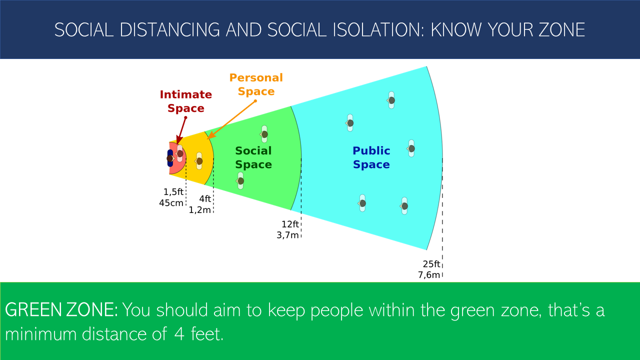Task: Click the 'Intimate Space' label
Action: [x=185, y=101]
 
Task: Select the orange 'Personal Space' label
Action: [x=256, y=84]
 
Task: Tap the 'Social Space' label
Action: [x=253, y=157]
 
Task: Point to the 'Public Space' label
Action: [x=371, y=157]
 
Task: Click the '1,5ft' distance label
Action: [x=173, y=191]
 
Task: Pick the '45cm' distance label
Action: [x=171, y=203]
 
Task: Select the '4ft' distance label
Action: [x=205, y=198]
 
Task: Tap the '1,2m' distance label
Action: [x=199, y=210]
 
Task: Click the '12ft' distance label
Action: [x=290, y=224]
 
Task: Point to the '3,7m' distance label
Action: [x=287, y=235]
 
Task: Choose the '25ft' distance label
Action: [x=431, y=264]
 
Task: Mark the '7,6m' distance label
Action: [x=429, y=275]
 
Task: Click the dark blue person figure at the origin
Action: [x=170, y=158]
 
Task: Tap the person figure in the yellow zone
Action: [x=199, y=161]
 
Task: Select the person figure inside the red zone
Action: [x=179, y=153]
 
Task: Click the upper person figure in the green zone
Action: [x=264, y=134]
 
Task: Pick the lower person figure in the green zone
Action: [x=240, y=181]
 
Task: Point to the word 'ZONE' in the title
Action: [x=561, y=29]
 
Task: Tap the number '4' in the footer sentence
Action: [x=179, y=334]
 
